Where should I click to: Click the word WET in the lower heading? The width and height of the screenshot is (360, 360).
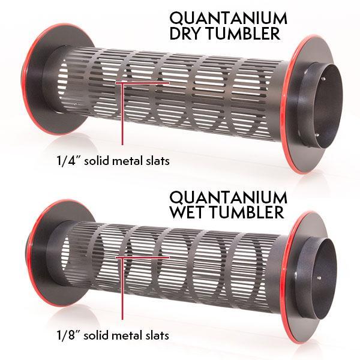point(188,212)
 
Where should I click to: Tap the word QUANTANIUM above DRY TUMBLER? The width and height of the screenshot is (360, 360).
point(229,19)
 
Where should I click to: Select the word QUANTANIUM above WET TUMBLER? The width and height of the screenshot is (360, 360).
point(229,197)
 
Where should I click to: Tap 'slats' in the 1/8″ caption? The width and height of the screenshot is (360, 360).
point(158,335)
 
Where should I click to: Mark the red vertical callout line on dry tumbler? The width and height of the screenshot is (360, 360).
point(122,113)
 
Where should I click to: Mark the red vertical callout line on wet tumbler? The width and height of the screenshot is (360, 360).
point(122,288)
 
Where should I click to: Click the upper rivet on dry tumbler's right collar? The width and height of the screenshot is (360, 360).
point(323,79)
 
